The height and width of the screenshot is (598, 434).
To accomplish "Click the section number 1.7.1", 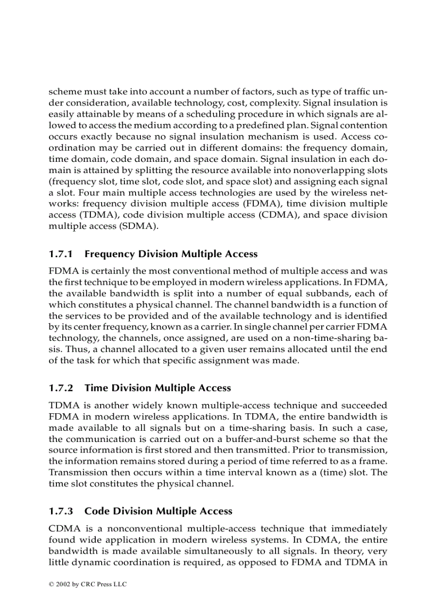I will (61, 254).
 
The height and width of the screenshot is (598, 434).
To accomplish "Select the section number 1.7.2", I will (61, 388).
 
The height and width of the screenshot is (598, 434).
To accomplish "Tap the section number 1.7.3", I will (61, 511).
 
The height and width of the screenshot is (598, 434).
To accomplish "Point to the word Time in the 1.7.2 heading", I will (96, 388).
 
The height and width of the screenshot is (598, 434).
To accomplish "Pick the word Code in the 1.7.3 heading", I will (97, 511).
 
